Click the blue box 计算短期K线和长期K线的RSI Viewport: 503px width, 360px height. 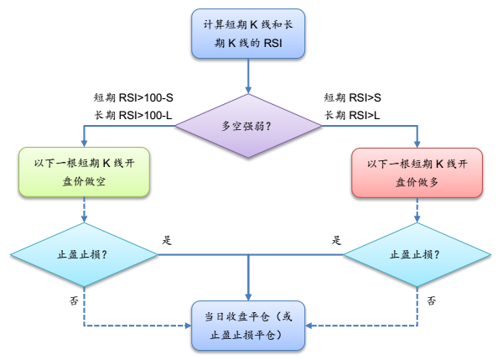[249, 34]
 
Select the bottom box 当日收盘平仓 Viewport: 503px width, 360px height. [249, 326]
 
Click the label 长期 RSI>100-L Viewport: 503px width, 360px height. [134, 114]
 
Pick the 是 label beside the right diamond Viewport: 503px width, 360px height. [337, 240]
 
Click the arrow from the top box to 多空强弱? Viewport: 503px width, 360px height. [249, 76]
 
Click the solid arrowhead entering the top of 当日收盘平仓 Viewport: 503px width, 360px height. [249, 296]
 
